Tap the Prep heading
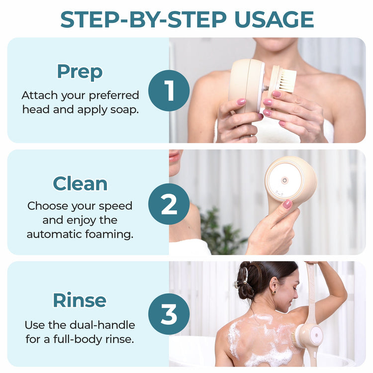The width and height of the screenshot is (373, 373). pyautogui.click(x=80, y=72)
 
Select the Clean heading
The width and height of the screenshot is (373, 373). pyautogui.click(x=80, y=184)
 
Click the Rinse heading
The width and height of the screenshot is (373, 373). pyautogui.click(x=80, y=300)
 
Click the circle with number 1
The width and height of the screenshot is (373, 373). pyautogui.click(x=169, y=91)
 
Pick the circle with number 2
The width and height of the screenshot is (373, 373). pyautogui.click(x=169, y=204)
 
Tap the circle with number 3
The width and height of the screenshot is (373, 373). pyautogui.click(x=169, y=314)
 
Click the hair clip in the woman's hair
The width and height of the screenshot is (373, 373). pyautogui.click(x=242, y=279)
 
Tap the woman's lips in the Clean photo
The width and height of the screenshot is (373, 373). pyautogui.click(x=174, y=158)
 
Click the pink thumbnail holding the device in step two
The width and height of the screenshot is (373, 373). pyautogui.click(x=287, y=204)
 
